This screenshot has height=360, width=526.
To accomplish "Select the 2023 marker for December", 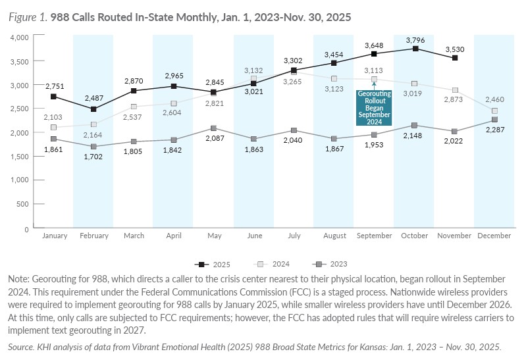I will [494, 120].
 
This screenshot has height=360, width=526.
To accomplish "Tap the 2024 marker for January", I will [53, 128].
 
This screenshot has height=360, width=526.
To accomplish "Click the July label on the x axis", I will [294, 236].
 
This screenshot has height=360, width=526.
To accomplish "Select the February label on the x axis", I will [93, 236].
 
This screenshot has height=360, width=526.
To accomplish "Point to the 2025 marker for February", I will [93, 109].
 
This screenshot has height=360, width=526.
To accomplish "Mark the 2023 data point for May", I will [214, 128].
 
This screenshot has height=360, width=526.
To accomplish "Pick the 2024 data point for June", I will [253, 79].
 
